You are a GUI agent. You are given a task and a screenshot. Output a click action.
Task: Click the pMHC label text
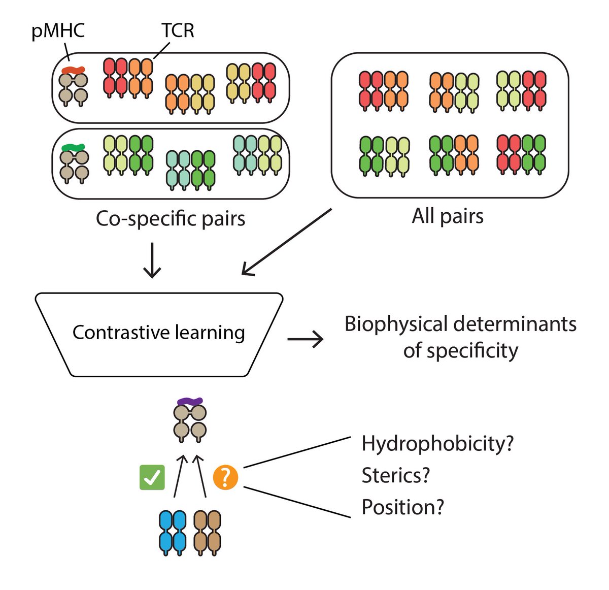point(58,31)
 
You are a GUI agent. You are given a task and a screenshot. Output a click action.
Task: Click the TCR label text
point(178,31)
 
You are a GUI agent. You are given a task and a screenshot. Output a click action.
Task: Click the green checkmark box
point(152,477)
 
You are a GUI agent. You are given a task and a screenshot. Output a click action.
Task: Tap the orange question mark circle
point(225,477)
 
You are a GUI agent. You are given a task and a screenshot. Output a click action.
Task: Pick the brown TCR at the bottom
point(208,533)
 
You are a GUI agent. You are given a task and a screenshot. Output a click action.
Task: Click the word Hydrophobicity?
point(437,444)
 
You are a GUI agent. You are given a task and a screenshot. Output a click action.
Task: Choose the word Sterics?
point(396,476)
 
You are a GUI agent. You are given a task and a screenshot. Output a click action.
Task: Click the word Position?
point(402,507)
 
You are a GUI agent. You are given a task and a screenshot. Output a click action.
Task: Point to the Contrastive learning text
point(158,333)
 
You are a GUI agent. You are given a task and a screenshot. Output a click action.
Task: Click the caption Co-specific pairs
point(171,219)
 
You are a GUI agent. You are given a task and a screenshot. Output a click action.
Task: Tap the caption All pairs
point(448,216)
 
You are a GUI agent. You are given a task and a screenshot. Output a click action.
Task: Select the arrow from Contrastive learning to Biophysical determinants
point(305,339)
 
